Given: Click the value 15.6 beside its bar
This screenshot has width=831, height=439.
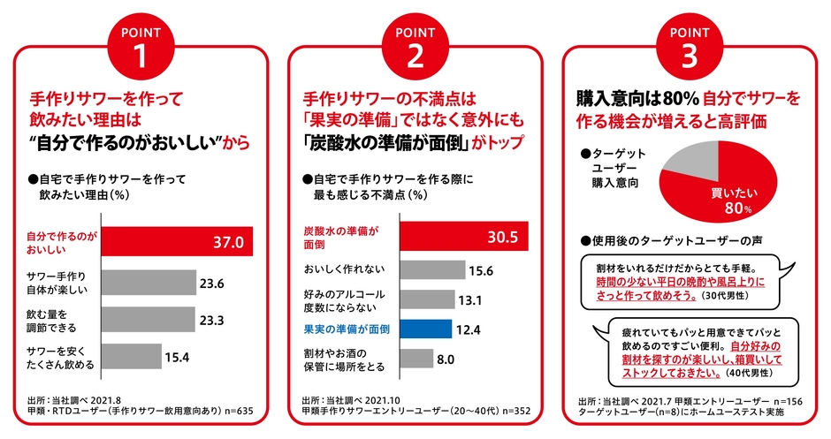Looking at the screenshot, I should pos(482,270).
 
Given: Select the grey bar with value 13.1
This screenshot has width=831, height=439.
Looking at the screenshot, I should pos(427,299).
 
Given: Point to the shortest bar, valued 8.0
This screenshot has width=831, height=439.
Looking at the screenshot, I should pos(416,359).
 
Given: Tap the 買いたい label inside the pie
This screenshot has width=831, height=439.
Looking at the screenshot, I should pos(730,193).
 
